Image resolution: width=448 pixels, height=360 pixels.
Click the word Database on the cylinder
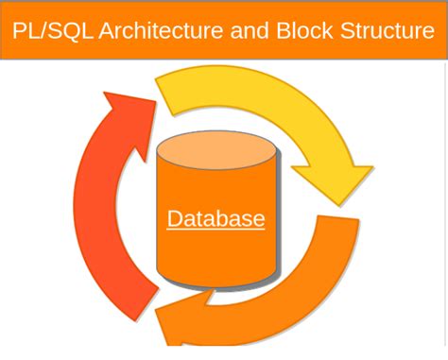pyautogui.click(x=215, y=219)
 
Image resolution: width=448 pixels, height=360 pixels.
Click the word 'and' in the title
pyautogui.click(x=249, y=30)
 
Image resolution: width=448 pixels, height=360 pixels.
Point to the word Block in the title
pyautogui.click(x=304, y=30)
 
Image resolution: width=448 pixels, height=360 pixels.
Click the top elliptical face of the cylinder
pyautogui.click(x=216, y=151)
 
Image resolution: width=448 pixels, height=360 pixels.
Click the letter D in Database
pyautogui.click(x=175, y=219)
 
